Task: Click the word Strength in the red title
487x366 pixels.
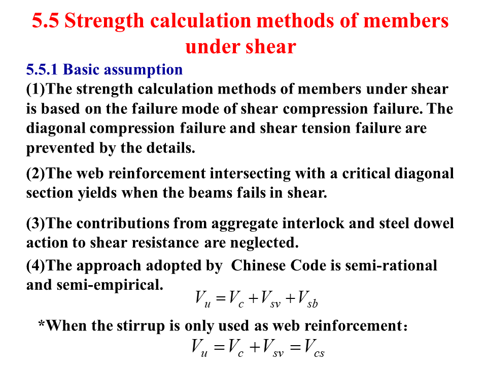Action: click(105, 21)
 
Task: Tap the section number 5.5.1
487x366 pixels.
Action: click(42, 69)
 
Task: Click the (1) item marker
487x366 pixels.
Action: click(36, 89)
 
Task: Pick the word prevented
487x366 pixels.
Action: click(60, 148)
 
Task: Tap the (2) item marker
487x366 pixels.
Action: click(36, 174)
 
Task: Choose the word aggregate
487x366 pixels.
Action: click(245, 224)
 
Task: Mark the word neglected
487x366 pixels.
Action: click(264, 243)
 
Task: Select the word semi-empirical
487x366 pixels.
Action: click(110, 285)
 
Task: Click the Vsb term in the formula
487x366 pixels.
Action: click(308, 299)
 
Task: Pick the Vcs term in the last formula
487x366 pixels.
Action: click(315, 348)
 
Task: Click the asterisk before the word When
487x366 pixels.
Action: click(42, 323)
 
